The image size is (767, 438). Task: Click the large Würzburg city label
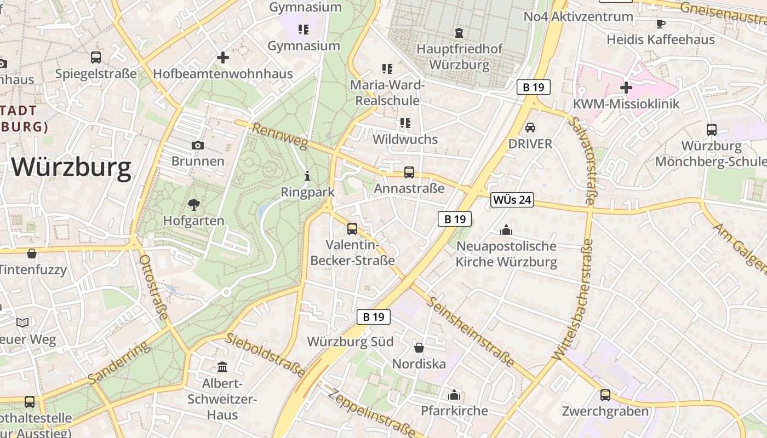[71, 167]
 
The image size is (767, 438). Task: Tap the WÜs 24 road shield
[512, 200]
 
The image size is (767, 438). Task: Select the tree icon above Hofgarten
[193, 205]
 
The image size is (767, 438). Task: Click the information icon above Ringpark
[307, 176]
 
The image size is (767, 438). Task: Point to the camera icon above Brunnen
[198, 145]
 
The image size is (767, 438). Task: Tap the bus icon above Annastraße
[409, 172]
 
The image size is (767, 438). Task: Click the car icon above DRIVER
[530, 128]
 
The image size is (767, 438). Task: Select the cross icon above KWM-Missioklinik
[626, 88]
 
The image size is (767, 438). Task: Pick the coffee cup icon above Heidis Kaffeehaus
[661, 24]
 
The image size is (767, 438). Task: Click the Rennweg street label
[280, 136]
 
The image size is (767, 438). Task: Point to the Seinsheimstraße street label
[472, 332]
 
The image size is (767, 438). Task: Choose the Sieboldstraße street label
[266, 355]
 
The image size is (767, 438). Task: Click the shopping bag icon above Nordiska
[419, 348]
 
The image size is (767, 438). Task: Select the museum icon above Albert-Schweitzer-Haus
[222, 367]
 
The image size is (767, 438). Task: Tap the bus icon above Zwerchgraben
[605, 395]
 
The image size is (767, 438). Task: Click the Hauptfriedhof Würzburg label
[459, 57]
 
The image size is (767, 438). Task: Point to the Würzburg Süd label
[350, 342]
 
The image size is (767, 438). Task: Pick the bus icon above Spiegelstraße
[96, 57]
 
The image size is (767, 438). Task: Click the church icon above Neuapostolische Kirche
[506, 230]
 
